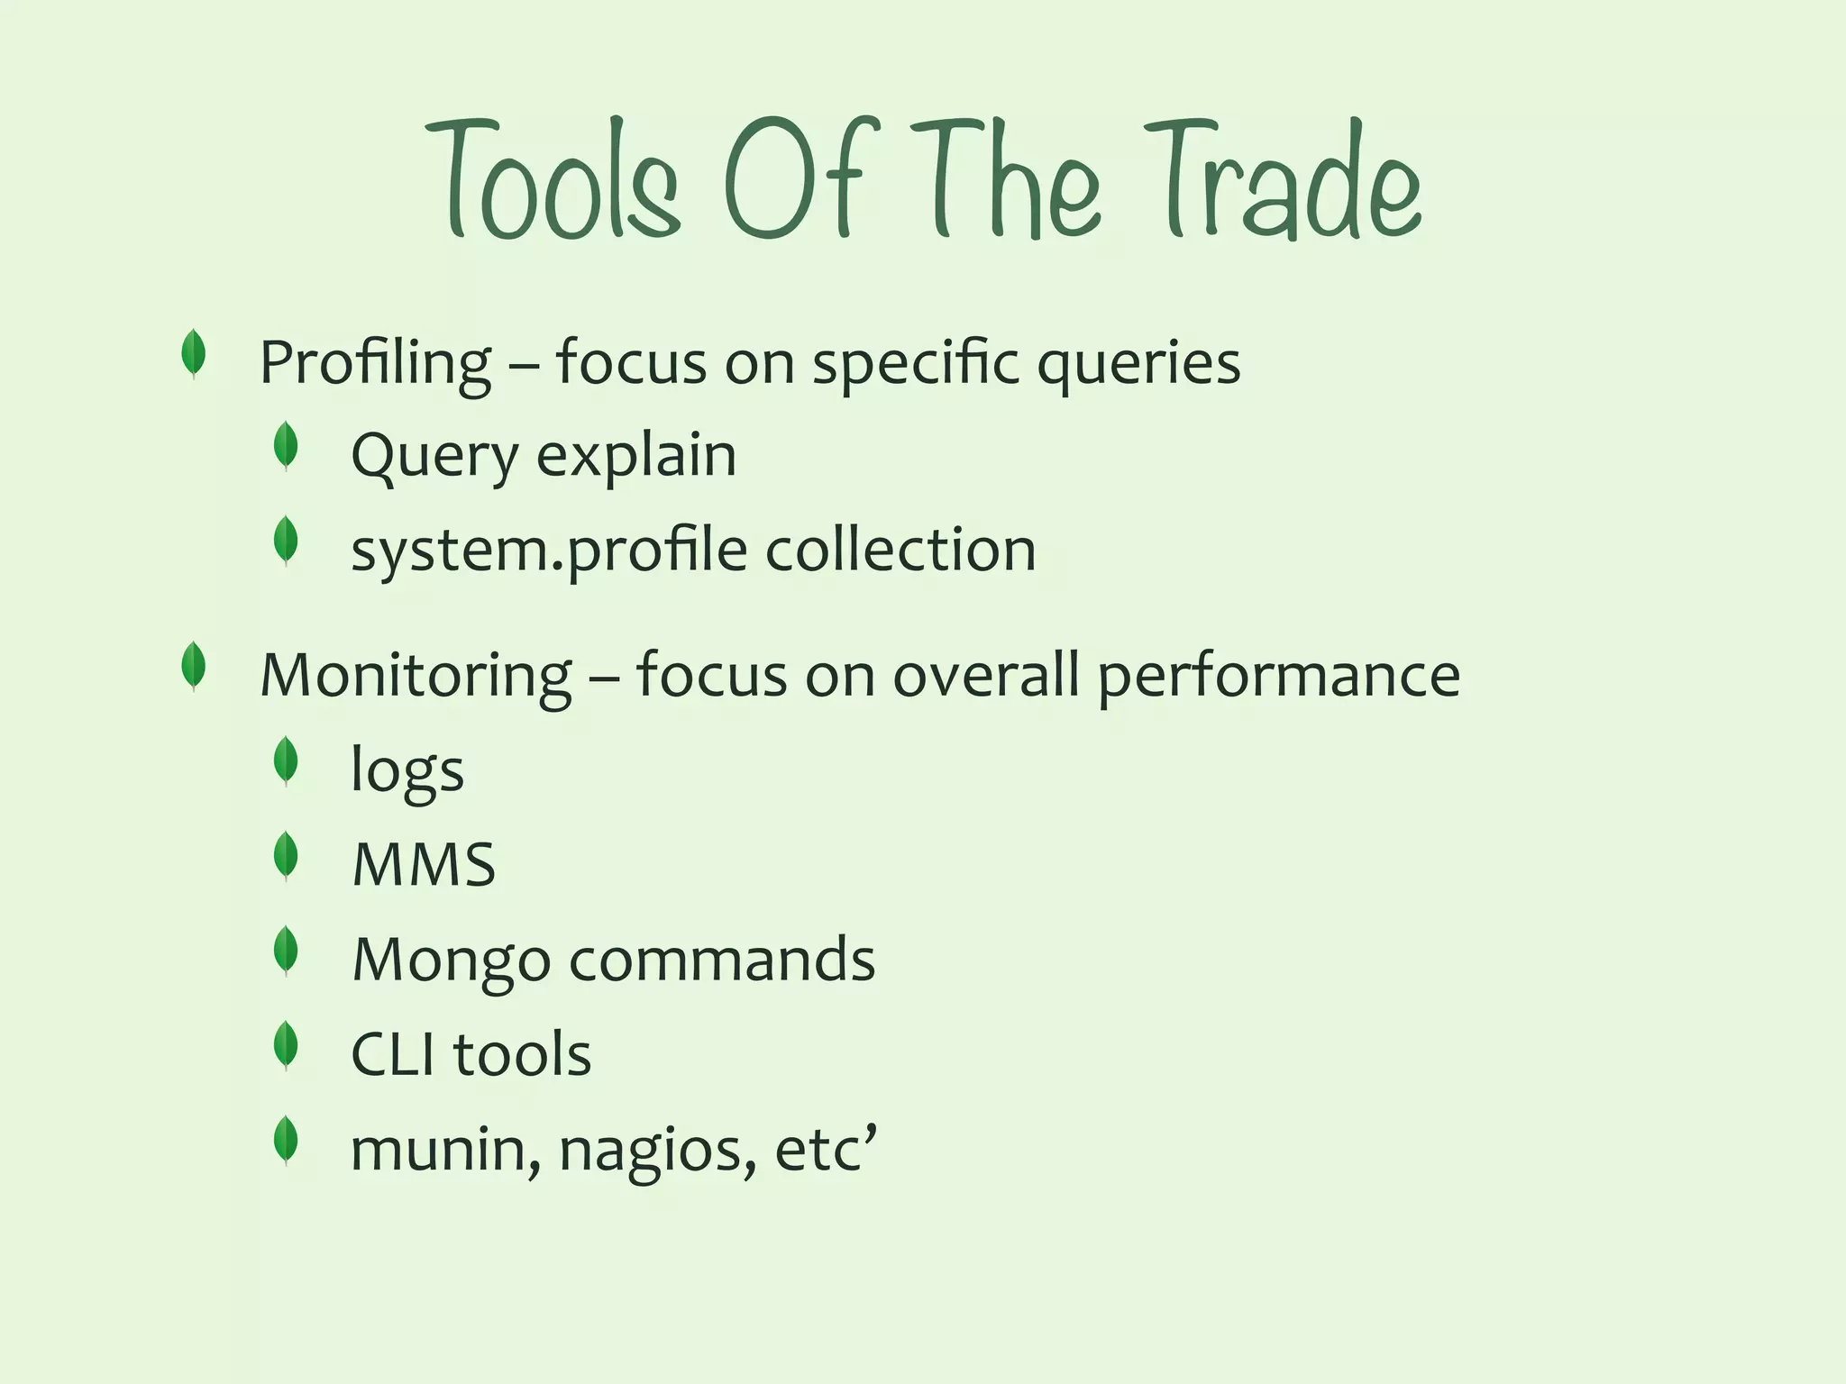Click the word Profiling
point(376,362)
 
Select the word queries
point(1138,362)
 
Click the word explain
point(636,455)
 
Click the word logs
point(407,771)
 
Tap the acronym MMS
point(424,865)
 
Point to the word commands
point(722,959)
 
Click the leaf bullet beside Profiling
point(193,353)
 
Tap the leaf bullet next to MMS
point(286,856)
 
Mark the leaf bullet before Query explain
point(286,446)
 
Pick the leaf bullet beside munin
point(286,1141)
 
